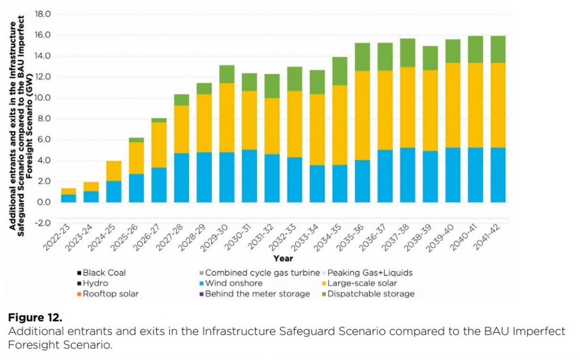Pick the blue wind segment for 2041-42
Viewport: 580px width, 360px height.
click(x=498, y=175)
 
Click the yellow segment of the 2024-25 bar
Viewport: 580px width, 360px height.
click(x=113, y=171)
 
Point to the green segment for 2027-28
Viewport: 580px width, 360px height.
click(x=181, y=100)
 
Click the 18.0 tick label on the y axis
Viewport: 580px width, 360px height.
click(x=43, y=14)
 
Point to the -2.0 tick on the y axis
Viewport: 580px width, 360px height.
click(x=43, y=223)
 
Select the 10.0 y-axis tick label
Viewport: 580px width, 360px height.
click(x=43, y=98)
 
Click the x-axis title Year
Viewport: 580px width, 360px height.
click(x=283, y=258)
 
